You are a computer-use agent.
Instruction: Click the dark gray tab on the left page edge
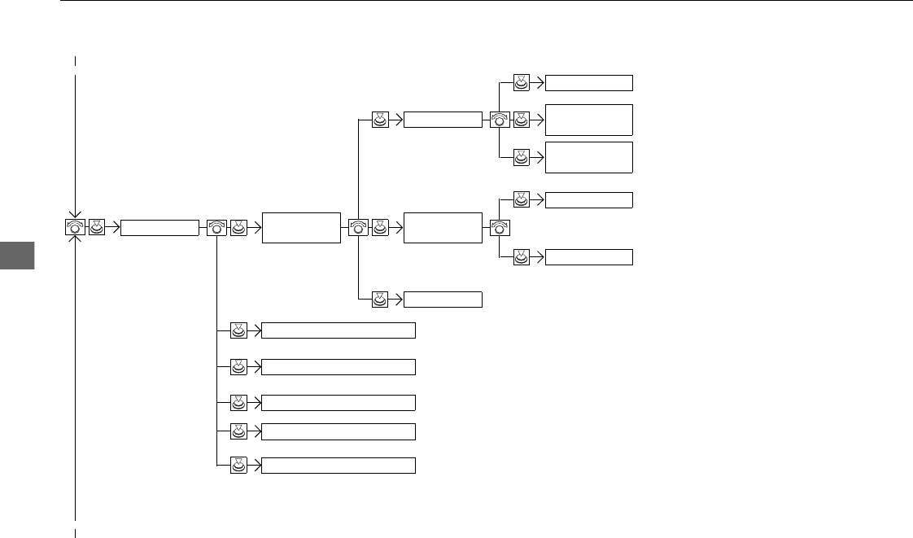(18, 255)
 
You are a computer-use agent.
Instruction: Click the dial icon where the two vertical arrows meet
(75, 227)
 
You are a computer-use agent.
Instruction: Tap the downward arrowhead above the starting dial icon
(75, 212)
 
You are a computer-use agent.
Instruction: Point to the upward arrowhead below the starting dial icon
(75, 243)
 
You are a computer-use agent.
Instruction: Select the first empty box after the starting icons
(159, 228)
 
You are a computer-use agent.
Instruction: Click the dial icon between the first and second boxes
(216, 228)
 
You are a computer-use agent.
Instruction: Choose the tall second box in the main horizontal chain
(301, 227)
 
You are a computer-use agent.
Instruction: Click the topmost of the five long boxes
(339, 330)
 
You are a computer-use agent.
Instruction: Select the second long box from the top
(339, 366)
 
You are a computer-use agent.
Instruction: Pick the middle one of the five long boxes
(339, 402)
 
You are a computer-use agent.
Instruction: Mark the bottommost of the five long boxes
(339, 466)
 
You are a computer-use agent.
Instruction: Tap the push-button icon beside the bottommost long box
(238, 466)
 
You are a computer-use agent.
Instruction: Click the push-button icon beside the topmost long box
(238, 330)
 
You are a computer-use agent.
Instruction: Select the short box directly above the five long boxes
(443, 299)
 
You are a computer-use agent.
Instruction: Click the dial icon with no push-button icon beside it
(500, 228)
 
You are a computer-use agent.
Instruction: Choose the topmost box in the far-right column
(588, 82)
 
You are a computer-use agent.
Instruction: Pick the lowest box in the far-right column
(588, 257)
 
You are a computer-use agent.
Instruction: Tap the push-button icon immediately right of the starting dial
(96, 228)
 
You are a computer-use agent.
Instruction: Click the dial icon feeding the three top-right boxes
(500, 120)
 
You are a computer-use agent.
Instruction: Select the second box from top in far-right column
(588, 120)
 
